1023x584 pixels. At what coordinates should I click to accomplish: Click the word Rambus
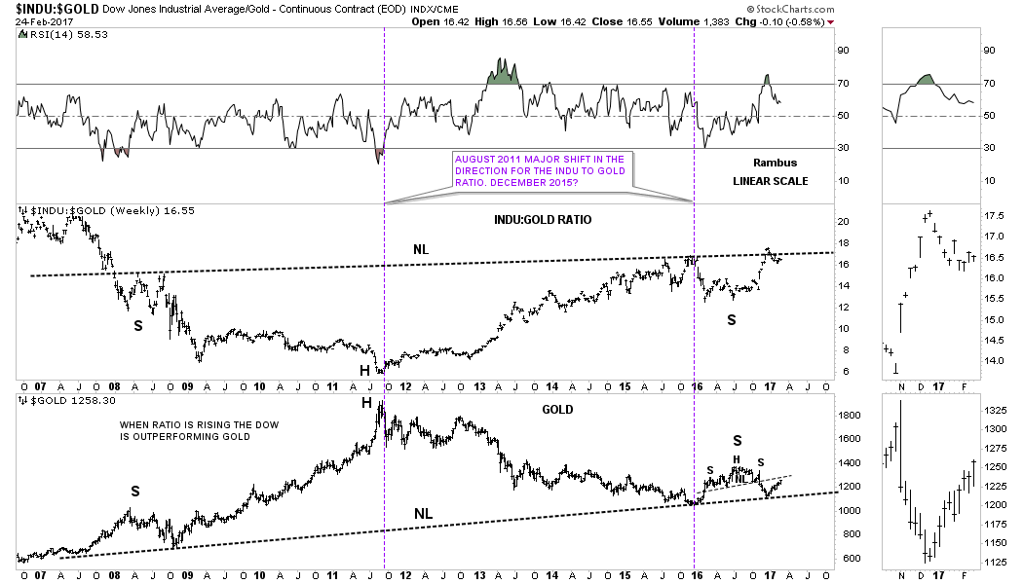click(x=776, y=163)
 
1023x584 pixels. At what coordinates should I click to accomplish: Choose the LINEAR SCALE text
click(x=770, y=181)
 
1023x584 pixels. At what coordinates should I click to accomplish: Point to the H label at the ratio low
click(x=364, y=370)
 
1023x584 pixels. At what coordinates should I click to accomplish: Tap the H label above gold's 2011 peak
click(x=367, y=403)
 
